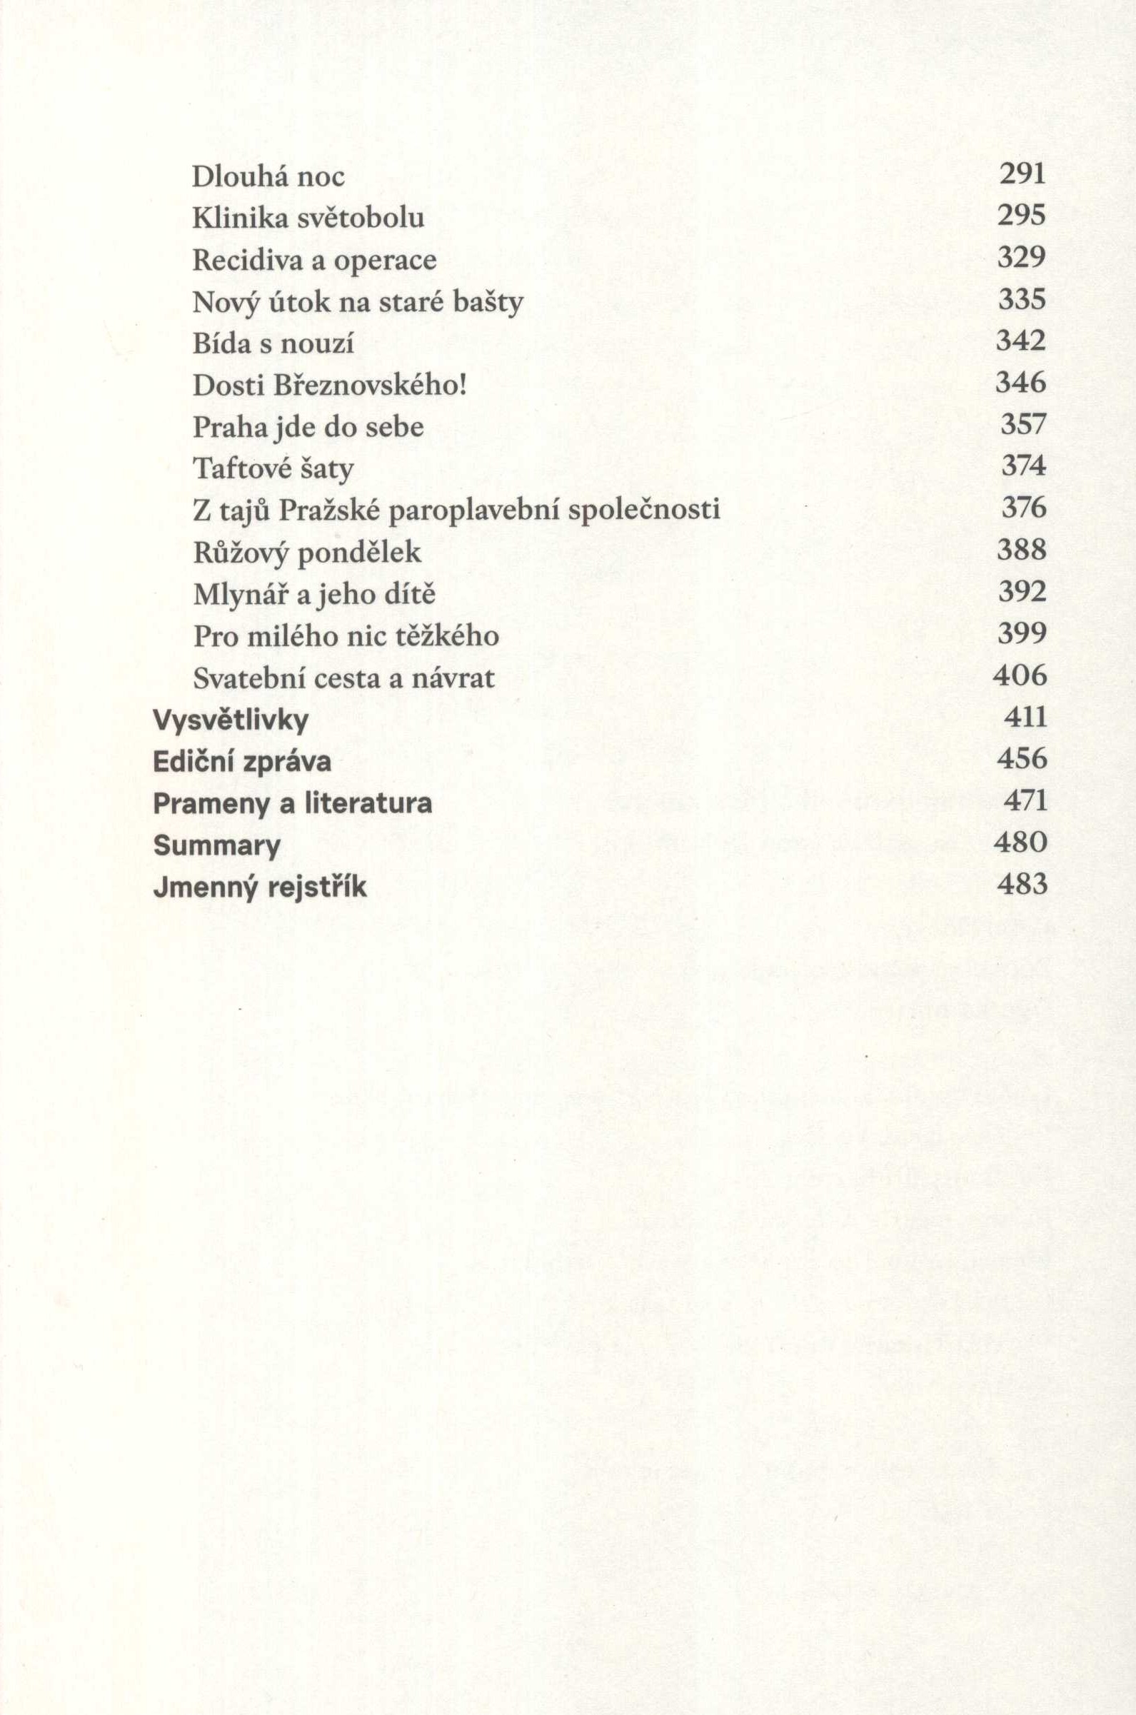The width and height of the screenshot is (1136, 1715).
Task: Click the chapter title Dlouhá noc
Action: pos(268,176)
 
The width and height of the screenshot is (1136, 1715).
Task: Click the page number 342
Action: pos(1022,341)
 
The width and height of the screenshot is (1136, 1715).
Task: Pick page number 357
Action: pos(1024,423)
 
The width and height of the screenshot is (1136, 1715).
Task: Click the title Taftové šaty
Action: pos(273,468)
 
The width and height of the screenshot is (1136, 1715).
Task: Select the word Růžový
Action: pos(241,553)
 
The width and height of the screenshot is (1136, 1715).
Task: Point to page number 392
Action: pos(1022,592)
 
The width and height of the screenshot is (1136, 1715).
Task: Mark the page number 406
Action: pos(1020,675)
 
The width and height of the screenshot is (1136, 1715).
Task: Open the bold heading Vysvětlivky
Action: pos(231,720)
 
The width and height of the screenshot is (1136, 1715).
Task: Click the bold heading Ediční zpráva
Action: pos(243,761)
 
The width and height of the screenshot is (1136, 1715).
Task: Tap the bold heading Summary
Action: pos(216,845)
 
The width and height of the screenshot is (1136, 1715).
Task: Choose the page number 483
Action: pos(1022,885)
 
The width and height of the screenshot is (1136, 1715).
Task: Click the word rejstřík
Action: pos(316,888)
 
